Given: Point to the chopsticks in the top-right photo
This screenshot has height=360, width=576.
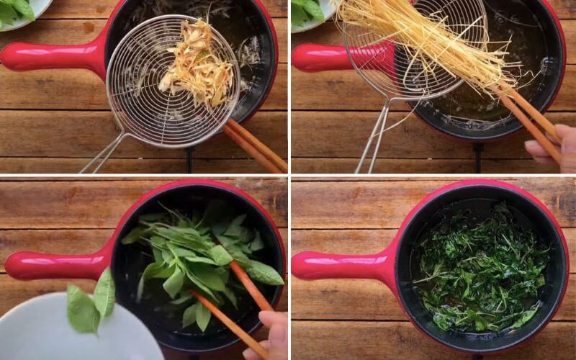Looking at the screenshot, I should pyautogui.click(x=529, y=119).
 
